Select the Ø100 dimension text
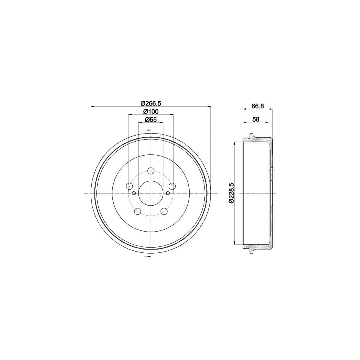[x=150, y=111]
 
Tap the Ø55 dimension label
[x=150, y=120]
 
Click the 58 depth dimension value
[x=256, y=120]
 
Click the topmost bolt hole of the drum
[x=150, y=171]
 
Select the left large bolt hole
[x=129, y=186]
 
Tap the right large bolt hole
[x=172, y=186]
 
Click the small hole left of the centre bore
[x=134, y=194]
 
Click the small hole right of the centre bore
[x=168, y=194]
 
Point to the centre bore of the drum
[x=150, y=194]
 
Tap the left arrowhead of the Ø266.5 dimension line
[x=93, y=106]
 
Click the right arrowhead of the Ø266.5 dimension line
[x=208, y=106]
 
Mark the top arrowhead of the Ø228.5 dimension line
[x=234, y=143]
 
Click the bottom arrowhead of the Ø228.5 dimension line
[x=234, y=244]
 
